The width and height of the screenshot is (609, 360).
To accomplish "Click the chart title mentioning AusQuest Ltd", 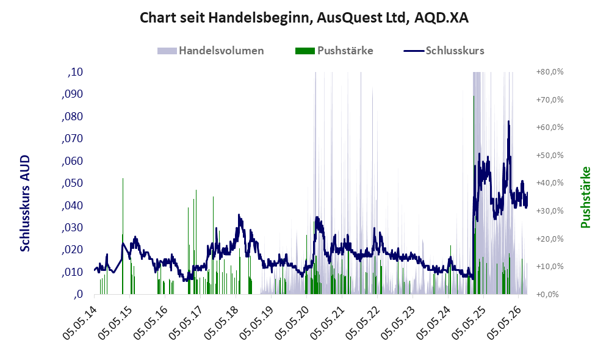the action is [304, 18].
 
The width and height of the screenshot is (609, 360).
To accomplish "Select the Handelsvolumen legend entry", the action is [211, 51].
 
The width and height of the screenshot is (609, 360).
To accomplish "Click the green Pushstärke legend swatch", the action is [305, 51].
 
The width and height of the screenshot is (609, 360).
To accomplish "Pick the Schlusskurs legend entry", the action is [444, 51].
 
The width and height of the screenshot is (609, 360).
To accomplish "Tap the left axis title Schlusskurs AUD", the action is [25, 203].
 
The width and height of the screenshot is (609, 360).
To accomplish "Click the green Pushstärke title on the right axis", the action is [586, 197].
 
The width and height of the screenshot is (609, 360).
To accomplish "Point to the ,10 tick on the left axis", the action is [75, 72].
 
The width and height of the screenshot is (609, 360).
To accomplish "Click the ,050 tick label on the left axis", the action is [72, 183].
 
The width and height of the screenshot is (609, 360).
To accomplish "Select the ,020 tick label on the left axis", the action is [72, 250].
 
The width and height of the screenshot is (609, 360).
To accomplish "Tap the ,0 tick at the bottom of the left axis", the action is [78, 294].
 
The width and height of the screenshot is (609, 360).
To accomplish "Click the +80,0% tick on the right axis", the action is [550, 72].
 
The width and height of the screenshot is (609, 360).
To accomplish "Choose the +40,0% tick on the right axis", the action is [550, 183].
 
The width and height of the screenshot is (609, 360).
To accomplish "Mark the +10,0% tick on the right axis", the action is [550, 267].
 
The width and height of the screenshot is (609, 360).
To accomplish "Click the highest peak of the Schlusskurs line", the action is [508, 121].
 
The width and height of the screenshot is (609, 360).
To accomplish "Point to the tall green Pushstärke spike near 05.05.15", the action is [123, 236].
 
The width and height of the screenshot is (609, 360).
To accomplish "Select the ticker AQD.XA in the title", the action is [442, 18].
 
